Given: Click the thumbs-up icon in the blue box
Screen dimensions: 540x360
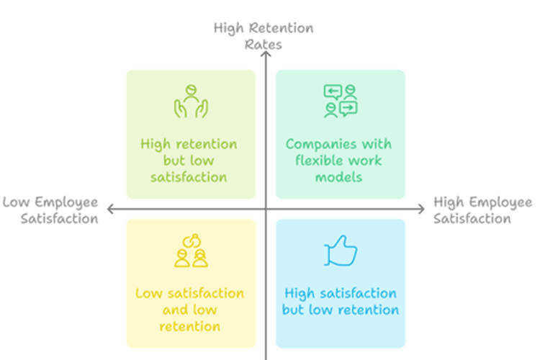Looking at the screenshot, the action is coord(341,251).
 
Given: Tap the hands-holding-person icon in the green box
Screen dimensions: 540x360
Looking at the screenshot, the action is coord(191,102).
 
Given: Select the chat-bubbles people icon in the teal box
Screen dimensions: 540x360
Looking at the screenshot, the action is coord(341,102).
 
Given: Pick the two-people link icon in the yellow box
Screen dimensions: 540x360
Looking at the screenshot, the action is coord(191,251).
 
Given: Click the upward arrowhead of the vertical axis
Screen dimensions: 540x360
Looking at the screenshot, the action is coord(266,54).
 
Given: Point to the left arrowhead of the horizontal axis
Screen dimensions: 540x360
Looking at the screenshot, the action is coord(110,209).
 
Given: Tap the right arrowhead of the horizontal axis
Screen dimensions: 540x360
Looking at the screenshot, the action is coord(421,209).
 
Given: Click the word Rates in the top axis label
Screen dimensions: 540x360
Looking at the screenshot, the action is coord(263,45).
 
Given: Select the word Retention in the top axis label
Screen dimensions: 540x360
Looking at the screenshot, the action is coord(282,28).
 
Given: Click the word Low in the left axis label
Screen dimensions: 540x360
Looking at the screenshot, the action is coord(16,202).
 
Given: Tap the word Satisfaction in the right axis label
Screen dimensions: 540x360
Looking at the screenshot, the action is coord(472,218).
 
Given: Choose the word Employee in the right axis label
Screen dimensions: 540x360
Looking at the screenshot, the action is coord(500,203).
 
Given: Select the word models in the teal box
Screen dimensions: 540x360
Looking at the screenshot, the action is coord(339,177).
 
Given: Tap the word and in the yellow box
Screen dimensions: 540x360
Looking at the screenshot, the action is coord(174,310).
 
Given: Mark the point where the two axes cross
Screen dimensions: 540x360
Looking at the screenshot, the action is coord(266,209).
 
